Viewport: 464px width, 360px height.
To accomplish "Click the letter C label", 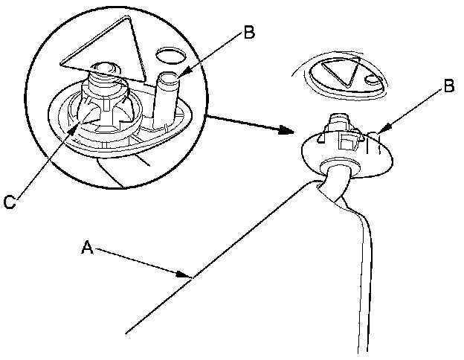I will [9, 201].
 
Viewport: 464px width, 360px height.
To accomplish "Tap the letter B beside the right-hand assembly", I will [448, 86].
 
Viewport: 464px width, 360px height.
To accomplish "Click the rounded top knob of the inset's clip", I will [106, 72].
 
